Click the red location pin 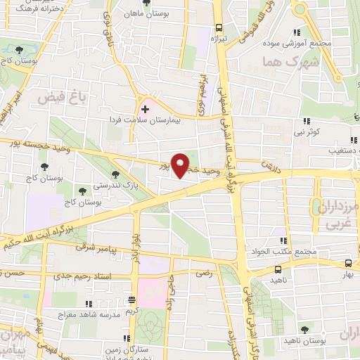(x=181, y=165)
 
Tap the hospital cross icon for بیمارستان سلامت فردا (x=145, y=110)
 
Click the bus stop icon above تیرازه (x=219, y=27)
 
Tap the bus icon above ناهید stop (x=279, y=268)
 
